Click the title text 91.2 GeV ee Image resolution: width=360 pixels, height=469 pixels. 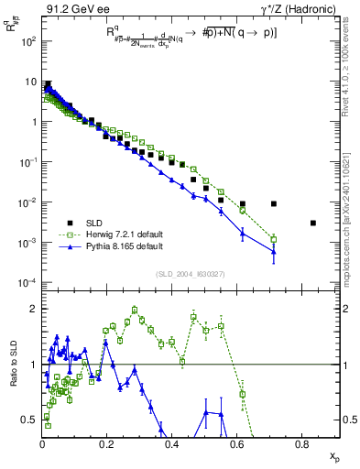[76, 9]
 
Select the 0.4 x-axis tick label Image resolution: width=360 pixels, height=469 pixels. [172, 444]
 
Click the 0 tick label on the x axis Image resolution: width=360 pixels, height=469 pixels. [43, 444]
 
